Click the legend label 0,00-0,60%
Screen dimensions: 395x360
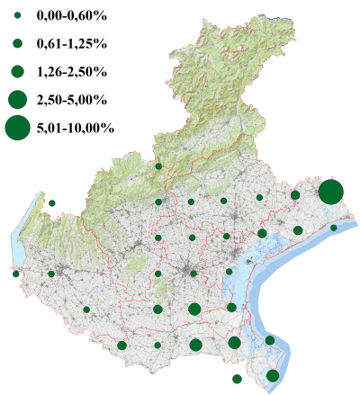68,16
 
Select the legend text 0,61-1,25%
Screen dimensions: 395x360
68,43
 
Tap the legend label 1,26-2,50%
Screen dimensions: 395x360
68,71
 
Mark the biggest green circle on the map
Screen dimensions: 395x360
330,192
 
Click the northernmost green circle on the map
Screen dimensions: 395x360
158,166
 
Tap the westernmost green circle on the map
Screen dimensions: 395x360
16,274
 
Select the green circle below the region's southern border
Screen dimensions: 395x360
237,379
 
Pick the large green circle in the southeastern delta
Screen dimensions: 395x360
273,375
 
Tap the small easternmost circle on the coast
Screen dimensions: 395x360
334,228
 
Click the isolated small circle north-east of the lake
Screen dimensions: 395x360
52,203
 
